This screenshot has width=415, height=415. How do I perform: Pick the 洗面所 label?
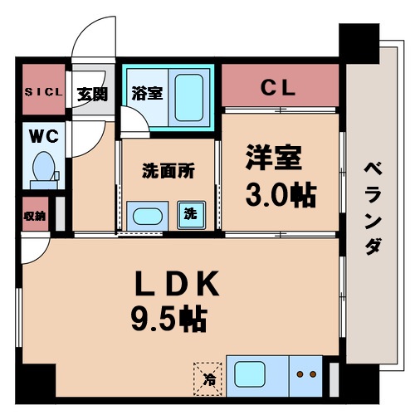pos(168,172)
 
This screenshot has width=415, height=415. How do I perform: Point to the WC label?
pos(41,134)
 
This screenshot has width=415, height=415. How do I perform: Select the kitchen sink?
pos(254,373)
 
